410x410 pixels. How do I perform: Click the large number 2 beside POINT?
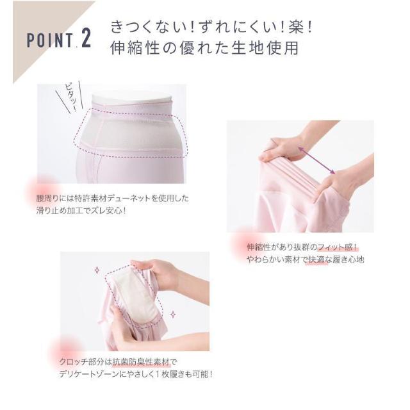(86, 38)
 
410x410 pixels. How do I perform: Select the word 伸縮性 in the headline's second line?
(135, 48)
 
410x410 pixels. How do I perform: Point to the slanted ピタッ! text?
(70, 97)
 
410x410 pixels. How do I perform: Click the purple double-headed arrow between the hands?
(316, 160)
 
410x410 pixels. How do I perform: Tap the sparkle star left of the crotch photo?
(97, 270)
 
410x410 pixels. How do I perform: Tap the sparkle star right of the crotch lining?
(173, 315)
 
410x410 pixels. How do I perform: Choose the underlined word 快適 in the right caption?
(317, 259)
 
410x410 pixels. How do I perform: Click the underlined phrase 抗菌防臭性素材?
(141, 362)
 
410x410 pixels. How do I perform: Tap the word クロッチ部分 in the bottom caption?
(78, 362)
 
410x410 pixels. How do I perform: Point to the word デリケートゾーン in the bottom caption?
(89, 374)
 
